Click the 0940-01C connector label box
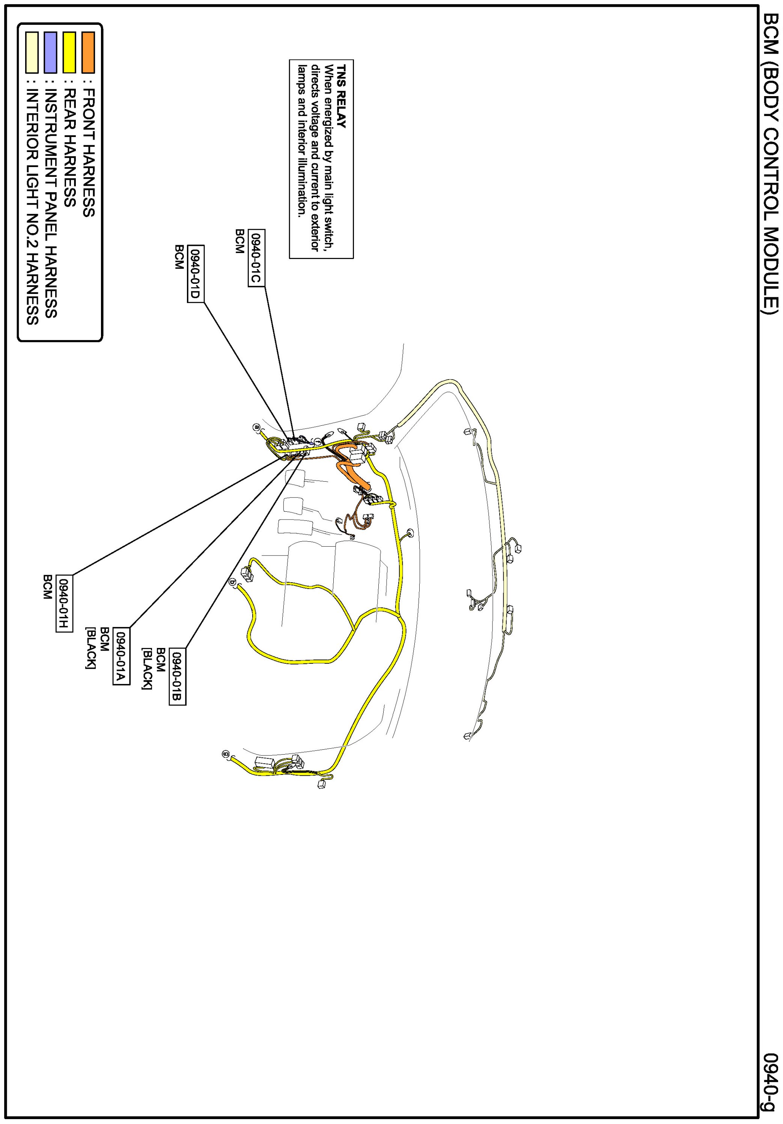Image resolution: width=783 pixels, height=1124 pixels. pyautogui.click(x=256, y=258)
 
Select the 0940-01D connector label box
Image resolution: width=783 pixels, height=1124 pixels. pyautogui.click(x=195, y=274)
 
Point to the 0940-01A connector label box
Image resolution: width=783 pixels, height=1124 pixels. pyautogui.click(x=121, y=656)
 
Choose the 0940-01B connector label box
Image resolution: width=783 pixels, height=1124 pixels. pyautogui.click(x=177, y=677)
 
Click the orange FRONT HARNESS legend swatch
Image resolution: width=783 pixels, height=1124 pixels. pyautogui.click(x=88, y=53)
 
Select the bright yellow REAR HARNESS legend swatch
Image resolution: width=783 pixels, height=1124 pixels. pyautogui.click(x=69, y=53)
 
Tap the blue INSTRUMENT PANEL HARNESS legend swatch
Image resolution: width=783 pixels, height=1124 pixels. pyautogui.click(x=50, y=53)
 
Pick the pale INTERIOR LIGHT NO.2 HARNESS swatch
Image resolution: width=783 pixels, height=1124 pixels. pyautogui.click(x=32, y=53)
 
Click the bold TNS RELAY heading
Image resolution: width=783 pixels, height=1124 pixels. pyautogui.click(x=341, y=96)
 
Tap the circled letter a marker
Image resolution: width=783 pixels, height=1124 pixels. pyautogui.click(x=256, y=427)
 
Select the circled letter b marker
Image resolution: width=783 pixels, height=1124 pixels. pyautogui.click(x=232, y=582)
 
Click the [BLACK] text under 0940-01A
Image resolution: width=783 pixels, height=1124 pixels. pyautogui.click(x=90, y=647)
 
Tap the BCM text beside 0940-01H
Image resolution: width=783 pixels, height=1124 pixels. pyautogui.click(x=47, y=588)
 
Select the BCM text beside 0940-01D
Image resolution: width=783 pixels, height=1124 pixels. pyautogui.click(x=179, y=257)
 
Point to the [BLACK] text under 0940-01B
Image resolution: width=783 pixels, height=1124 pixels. pyautogui.click(x=147, y=668)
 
